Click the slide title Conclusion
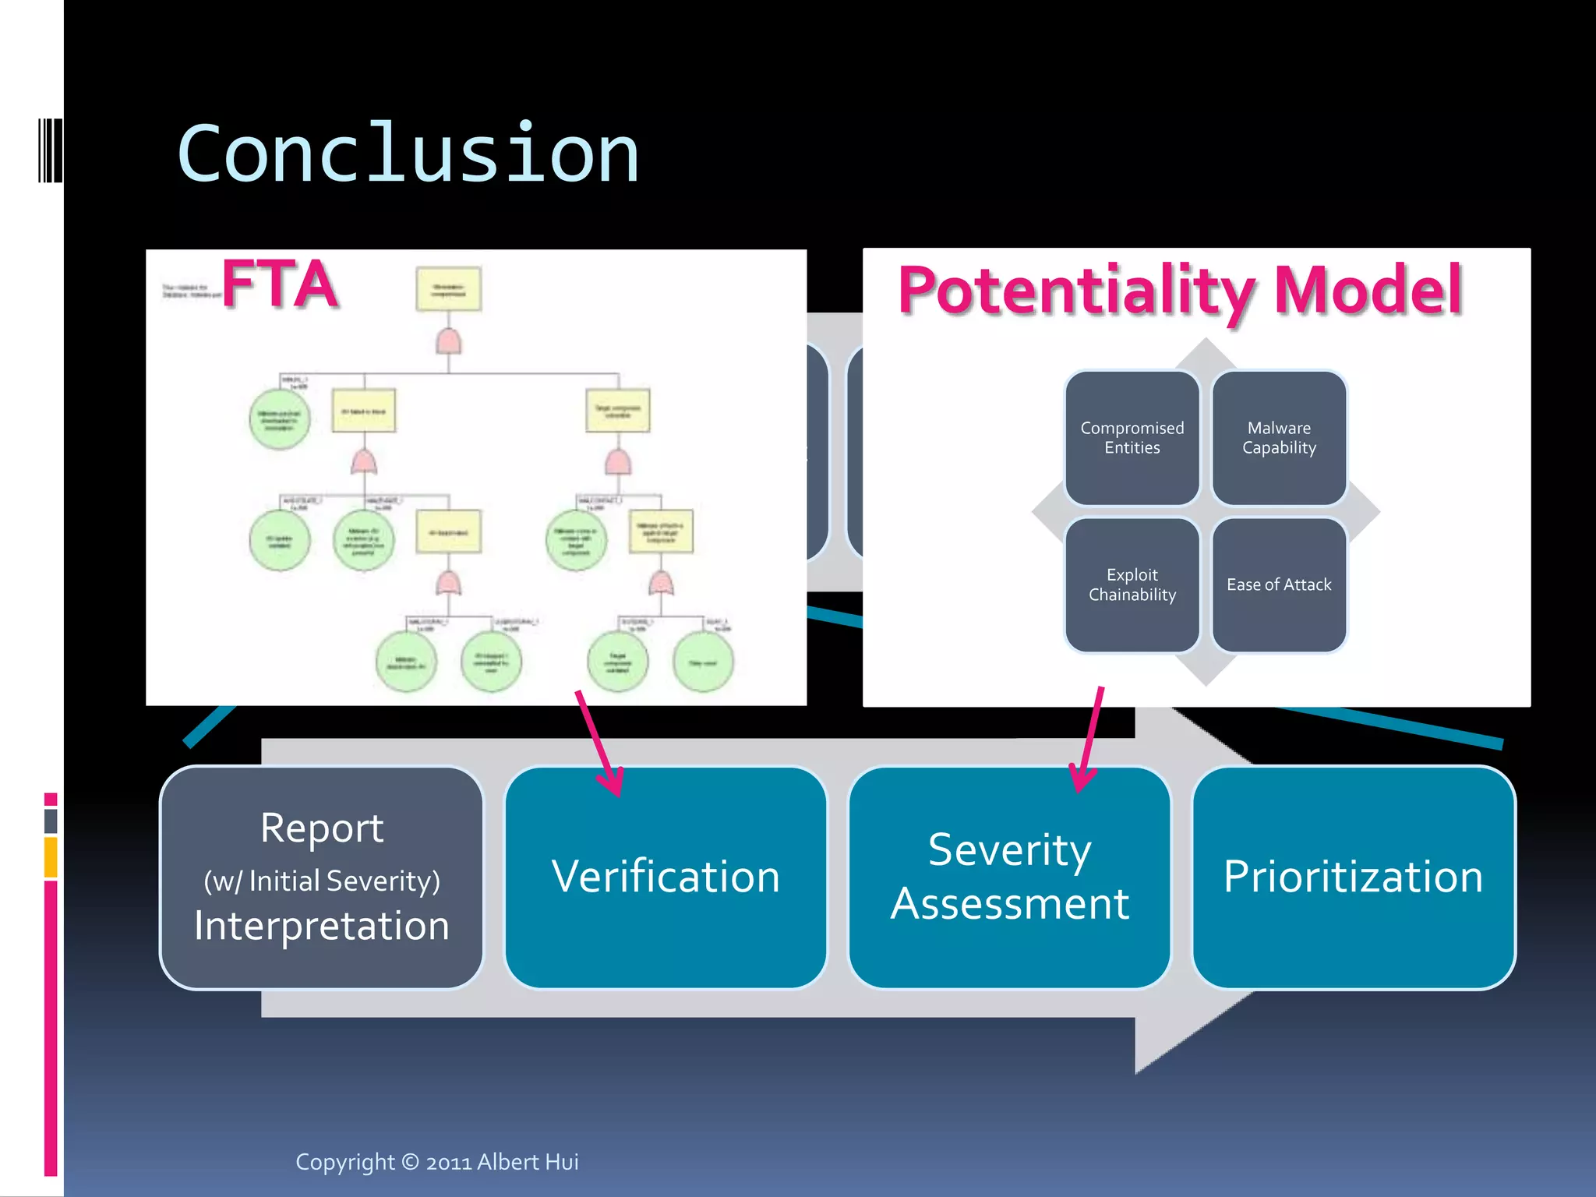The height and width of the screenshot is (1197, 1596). pos(408,154)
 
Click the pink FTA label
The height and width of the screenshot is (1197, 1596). pos(281,284)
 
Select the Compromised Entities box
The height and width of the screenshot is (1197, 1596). pos(1132,438)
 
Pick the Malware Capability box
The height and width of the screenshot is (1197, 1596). pos(1279,438)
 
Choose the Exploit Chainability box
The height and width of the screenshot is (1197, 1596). pos(1132,584)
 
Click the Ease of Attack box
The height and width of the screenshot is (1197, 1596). pos(1279,584)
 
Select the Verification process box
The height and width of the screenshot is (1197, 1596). pos(666,877)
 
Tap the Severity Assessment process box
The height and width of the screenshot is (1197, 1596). pos(1009,877)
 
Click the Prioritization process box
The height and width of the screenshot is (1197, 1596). pos(1354,877)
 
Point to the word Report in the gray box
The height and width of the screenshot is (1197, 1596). pos(322,828)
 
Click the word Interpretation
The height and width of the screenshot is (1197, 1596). pos(322,926)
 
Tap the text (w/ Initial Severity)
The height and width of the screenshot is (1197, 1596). pos(322,881)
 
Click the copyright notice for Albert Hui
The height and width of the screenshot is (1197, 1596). pos(436,1162)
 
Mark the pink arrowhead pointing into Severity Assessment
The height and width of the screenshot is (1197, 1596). pos(1081,780)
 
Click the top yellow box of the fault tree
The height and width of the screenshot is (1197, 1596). pos(448,289)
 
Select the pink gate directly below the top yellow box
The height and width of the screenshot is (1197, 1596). pos(448,341)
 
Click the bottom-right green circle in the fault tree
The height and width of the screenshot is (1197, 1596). pos(703,662)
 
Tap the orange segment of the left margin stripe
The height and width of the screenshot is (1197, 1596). pos(51,856)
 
